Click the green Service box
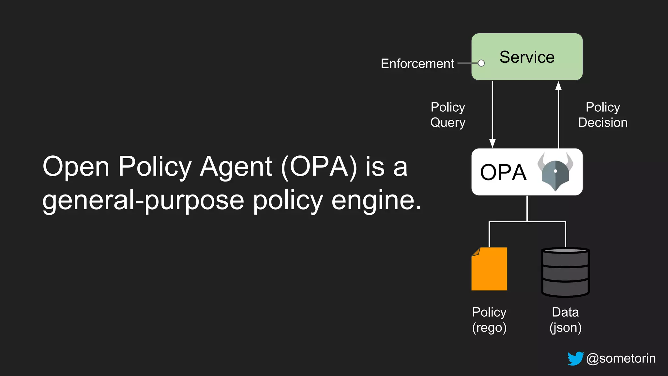pos(527,57)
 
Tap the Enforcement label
pos(417,64)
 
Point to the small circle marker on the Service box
pos(481,63)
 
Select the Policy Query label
pos(448,115)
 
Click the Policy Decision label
pos(602,115)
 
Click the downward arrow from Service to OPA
pos(493,114)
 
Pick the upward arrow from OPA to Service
pos(558,114)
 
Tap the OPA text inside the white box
pos(503,172)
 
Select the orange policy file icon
pos(489,269)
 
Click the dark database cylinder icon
pos(565,272)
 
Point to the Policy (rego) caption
pos(489,320)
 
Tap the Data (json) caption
pos(565,320)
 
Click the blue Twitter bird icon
pos(575,358)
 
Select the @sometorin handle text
pos(621,358)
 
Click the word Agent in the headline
pos(236,167)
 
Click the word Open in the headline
pos(76,167)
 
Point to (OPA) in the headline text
pos(319,167)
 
